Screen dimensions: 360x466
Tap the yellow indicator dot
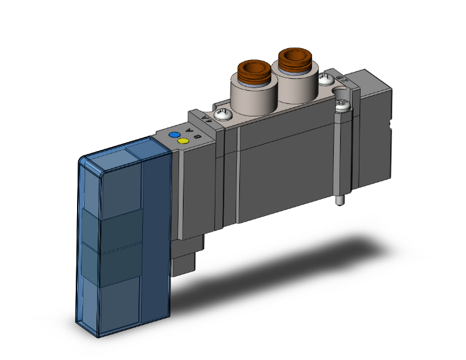click(183, 141)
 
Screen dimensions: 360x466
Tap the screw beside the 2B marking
click(326, 79)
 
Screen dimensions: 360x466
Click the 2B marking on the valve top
click(341, 78)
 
